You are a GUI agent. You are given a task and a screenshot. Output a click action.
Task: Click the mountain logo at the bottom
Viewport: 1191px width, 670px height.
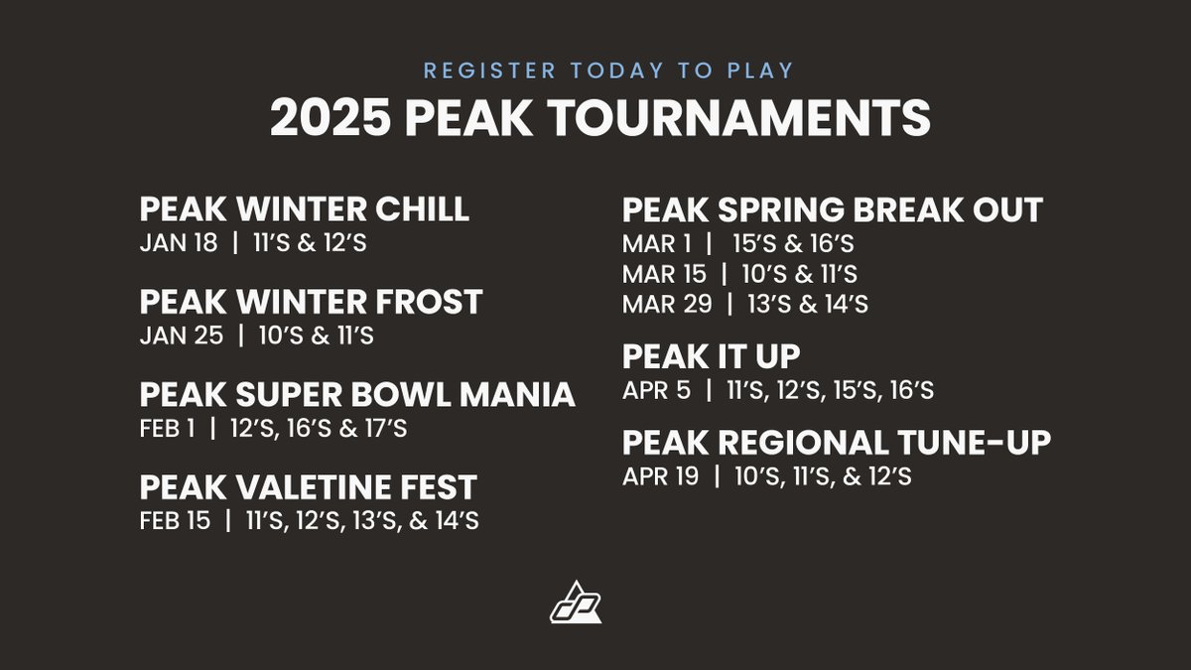pyautogui.click(x=576, y=602)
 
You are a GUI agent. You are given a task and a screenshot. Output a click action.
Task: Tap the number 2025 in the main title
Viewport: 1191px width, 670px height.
pyautogui.click(x=331, y=118)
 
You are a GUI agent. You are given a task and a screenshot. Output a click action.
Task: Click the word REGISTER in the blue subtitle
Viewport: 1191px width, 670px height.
pyautogui.click(x=489, y=70)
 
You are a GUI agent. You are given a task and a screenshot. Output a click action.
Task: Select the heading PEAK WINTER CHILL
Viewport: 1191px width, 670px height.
pyautogui.click(x=304, y=208)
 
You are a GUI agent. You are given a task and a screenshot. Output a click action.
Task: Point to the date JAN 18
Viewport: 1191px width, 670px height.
pyautogui.click(x=179, y=242)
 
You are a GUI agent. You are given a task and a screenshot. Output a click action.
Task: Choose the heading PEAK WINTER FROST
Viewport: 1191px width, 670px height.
pyautogui.click(x=311, y=302)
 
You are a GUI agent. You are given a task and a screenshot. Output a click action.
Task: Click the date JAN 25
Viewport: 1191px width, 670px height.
pyautogui.click(x=182, y=335)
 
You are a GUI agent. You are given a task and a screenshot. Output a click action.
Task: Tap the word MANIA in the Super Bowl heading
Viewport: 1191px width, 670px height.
pyautogui.click(x=517, y=395)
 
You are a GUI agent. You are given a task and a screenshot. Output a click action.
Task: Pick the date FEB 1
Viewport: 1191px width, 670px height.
pyautogui.click(x=167, y=428)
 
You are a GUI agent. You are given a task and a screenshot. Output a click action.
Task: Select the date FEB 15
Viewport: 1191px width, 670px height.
pyautogui.click(x=175, y=520)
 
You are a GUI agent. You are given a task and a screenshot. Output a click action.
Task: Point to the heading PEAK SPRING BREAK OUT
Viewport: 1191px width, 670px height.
pyautogui.click(x=833, y=210)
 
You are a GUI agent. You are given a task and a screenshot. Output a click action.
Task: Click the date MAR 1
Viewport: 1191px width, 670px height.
pyautogui.click(x=657, y=243)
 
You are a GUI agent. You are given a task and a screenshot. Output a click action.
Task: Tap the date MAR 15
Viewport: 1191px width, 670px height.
pyautogui.click(x=664, y=274)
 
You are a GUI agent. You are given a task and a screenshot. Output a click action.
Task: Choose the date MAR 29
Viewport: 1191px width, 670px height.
pyautogui.click(x=667, y=304)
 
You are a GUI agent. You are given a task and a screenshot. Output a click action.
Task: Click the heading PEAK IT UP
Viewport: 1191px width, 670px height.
pyautogui.click(x=711, y=356)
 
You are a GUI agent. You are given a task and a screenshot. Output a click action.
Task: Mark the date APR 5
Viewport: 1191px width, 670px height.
pyautogui.click(x=656, y=390)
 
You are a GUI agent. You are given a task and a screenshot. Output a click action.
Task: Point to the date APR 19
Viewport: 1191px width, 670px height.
pyautogui.click(x=660, y=475)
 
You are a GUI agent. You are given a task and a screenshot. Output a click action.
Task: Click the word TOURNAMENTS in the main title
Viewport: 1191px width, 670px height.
pyautogui.click(x=739, y=118)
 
